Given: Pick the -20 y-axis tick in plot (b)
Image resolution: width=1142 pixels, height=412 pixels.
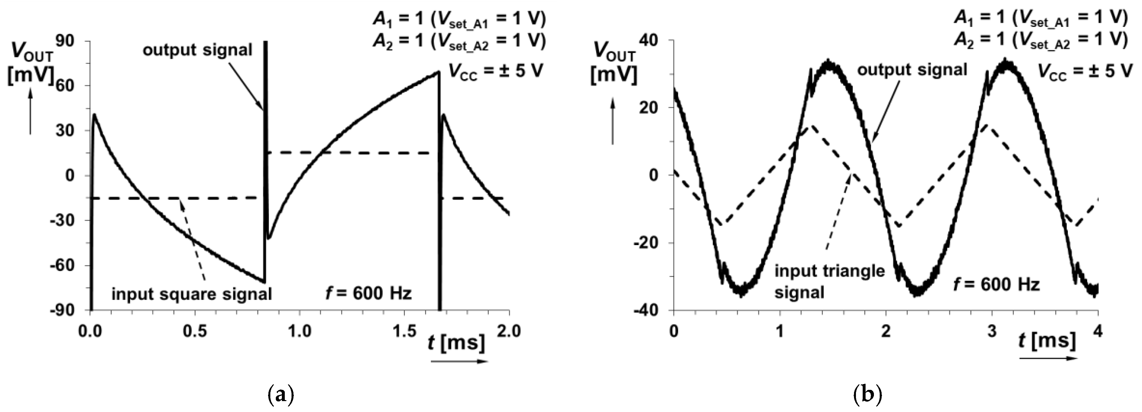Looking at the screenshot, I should pos(648,243).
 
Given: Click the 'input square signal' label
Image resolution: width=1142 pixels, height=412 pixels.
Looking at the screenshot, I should pos(192,294).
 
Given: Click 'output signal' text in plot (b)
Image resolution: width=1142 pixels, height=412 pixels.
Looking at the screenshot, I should pos(912,70).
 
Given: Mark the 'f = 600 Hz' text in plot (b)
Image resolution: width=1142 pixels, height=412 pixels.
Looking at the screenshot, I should pos(996,284).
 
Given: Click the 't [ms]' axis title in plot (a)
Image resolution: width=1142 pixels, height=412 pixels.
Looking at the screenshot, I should pos(456,343).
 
